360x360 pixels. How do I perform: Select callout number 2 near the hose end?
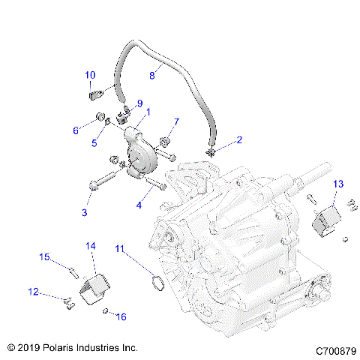pos(218,139)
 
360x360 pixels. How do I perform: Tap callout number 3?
pos(85,213)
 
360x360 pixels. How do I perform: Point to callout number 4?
pos(139,204)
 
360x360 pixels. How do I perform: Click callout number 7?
pos(177,121)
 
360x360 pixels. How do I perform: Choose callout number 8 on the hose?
pos(152,75)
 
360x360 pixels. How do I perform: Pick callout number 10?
pos(90,75)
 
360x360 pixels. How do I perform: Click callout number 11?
pos(120,248)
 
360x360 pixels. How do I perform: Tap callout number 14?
pos(91,245)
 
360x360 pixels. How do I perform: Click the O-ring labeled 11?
pos(156,283)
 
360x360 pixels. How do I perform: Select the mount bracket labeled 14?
pos(97,289)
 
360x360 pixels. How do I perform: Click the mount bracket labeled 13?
pos(326,217)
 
